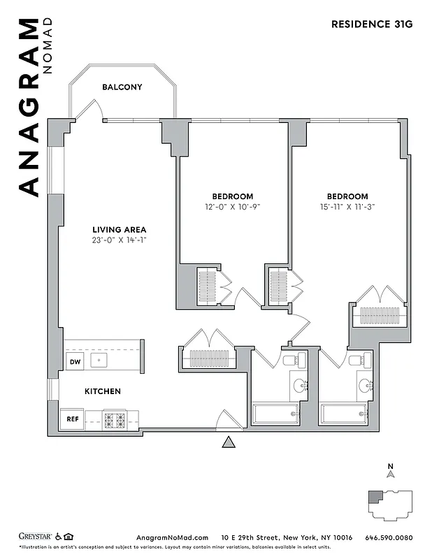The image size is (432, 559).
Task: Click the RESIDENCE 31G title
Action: (372, 24)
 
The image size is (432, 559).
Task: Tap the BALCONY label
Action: (122, 87)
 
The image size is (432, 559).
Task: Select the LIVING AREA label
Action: (120, 229)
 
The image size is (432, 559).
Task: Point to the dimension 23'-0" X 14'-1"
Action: (120, 240)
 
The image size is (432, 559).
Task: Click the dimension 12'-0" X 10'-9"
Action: (233, 207)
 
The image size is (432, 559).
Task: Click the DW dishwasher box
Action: (74, 361)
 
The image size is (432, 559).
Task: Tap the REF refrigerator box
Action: (72, 419)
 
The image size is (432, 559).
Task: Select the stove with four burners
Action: (115, 420)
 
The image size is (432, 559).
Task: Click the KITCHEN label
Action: (103, 391)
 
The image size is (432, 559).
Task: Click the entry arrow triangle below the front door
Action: (227, 442)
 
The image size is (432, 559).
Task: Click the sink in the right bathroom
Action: (366, 384)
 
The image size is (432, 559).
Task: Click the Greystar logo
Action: (36, 537)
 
